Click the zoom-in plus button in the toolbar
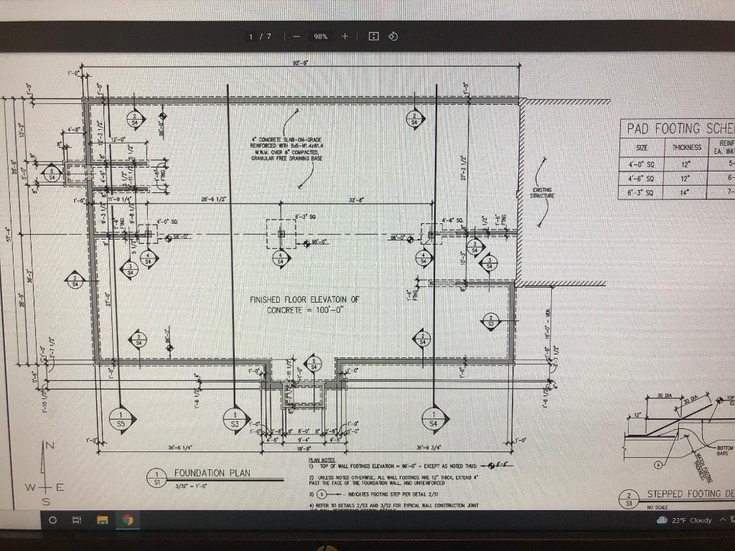point(345,36)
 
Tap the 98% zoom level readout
point(320,37)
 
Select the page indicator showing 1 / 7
point(260,37)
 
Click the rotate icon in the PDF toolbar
point(393,36)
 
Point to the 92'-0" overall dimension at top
point(300,63)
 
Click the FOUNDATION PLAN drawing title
point(212,474)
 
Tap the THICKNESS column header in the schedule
point(686,147)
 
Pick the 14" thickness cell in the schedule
point(686,192)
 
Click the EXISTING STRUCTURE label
point(541,192)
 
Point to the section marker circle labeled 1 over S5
point(121,420)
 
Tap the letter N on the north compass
point(50,446)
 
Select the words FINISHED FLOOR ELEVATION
point(304,299)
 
